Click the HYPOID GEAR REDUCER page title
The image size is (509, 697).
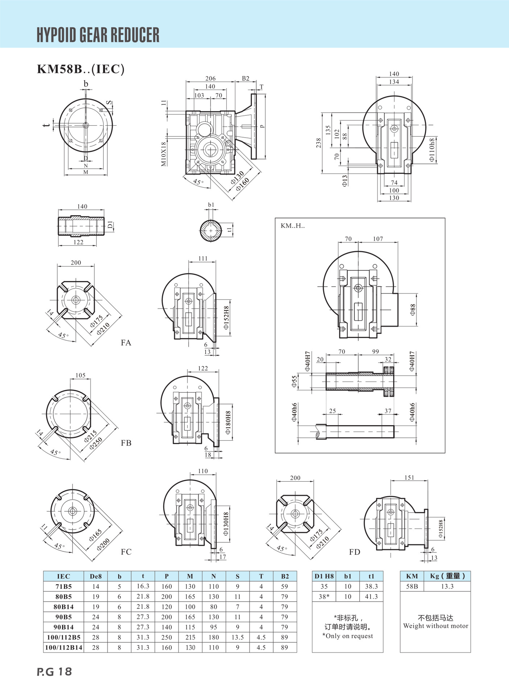pyautogui.click(x=98, y=35)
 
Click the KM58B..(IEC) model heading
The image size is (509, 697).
pyautogui.click(x=80, y=69)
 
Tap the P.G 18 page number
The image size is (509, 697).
pyautogui.click(x=54, y=672)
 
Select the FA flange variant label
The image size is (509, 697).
pyautogui.click(x=126, y=343)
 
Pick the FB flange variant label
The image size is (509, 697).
pyautogui.click(x=126, y=443)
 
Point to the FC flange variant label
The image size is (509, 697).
pyautogui.click(x=126, y=552)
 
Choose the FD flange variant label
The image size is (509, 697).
pyautogui.click(x=354, y=552)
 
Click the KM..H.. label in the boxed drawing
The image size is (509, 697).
pyautogui.click(x=293, y=226)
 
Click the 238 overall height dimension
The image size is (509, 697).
pyautogui.click(x=318, y=143)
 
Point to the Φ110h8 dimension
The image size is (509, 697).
pyautogui.click(x=432, y=150)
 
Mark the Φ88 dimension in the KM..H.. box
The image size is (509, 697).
pyautogui.click(x=413, y=310)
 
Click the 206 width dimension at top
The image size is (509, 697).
pyautogui.click(x=210, y=78)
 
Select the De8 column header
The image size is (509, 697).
pyautogui.click(x=96, y=576)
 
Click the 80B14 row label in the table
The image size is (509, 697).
pyautogui.click(x=63, y=607)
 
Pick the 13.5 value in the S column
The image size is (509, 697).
pyautogui.click(x=237, y=637)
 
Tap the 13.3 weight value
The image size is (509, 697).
pyautogui.click(x=447, y=586)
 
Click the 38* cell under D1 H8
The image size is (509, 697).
pyautogui.click(x=324, y=596)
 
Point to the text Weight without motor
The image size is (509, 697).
pyautogui.click(x=435, y=626)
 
